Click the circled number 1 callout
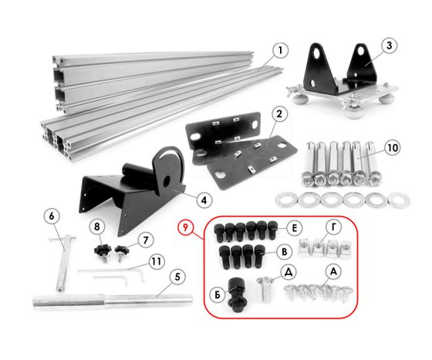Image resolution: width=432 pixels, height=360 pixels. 280,50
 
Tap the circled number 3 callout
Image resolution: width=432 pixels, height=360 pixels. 389,45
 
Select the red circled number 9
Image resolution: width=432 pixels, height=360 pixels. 186,228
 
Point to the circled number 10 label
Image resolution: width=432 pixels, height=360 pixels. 393,148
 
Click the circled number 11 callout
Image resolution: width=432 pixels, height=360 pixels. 157,261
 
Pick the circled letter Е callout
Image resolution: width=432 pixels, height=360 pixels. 294,228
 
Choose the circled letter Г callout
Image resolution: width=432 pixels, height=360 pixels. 333,227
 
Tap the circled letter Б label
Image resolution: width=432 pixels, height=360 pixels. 218,295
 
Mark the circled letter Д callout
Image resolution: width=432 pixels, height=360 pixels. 289,272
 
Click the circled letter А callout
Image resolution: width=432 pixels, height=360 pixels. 333,271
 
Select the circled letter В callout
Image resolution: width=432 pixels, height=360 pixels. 285,251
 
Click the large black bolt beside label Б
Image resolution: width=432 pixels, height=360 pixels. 237,295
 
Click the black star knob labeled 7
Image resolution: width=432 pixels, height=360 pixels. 120,252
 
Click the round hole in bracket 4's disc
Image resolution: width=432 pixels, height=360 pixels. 167,181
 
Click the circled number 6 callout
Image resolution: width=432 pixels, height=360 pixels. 52,216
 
